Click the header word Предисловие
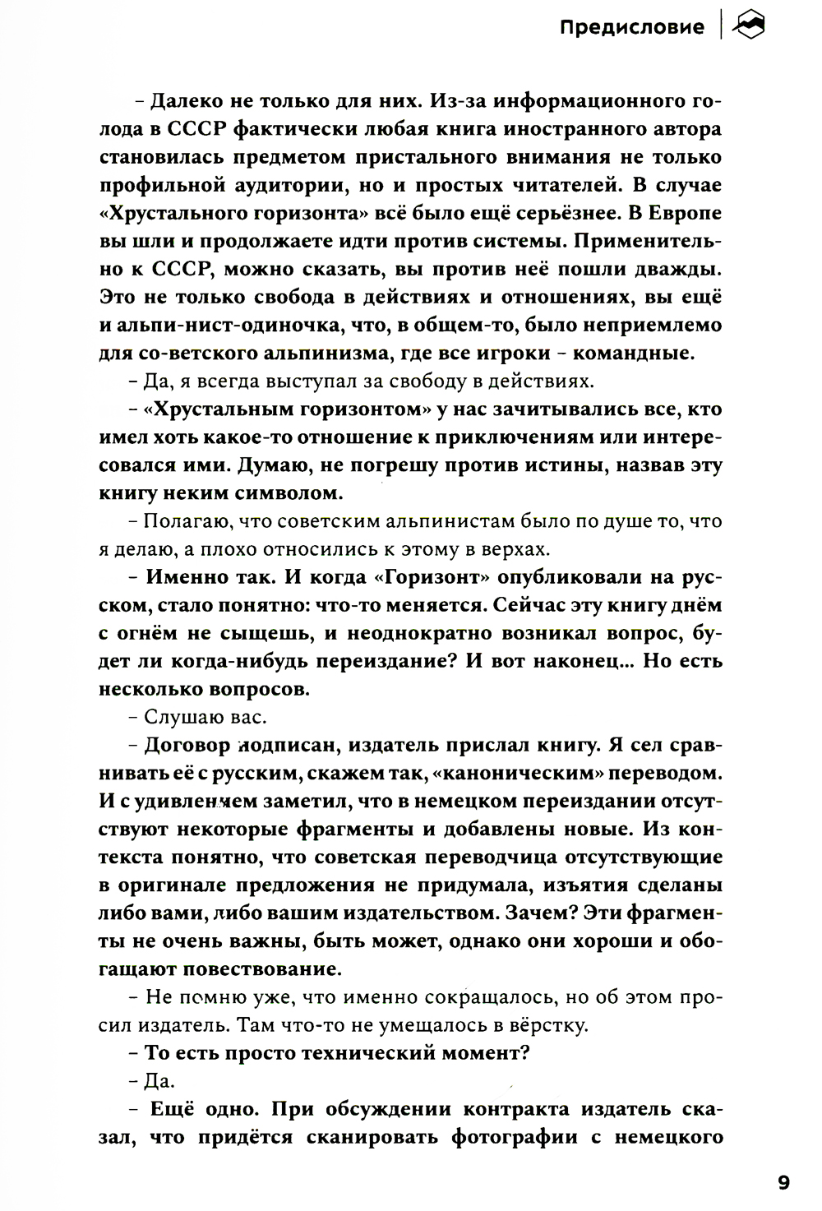[631, 28]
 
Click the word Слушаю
[173, 717]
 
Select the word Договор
[184, 745]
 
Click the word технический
[366, 1052]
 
